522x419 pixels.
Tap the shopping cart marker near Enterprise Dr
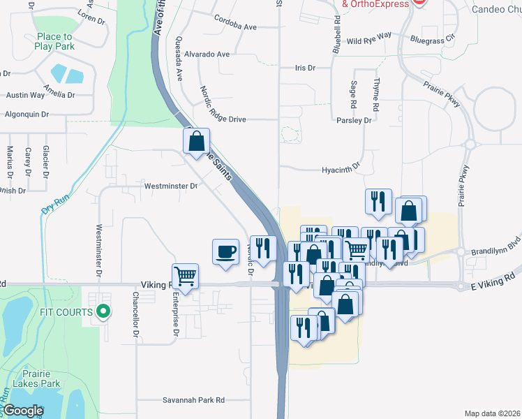point(186,277)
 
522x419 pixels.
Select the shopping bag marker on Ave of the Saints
point(197,141)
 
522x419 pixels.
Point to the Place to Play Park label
point(54,41)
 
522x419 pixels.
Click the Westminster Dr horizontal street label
point(171,186)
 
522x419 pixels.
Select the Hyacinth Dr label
point(340,169)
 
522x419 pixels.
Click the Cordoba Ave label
point(236,27)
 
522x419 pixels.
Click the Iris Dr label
point(305,68)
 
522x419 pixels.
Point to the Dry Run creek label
point(57,203)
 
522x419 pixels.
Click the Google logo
point(23,411)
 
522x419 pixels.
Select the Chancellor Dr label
point(135,308)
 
